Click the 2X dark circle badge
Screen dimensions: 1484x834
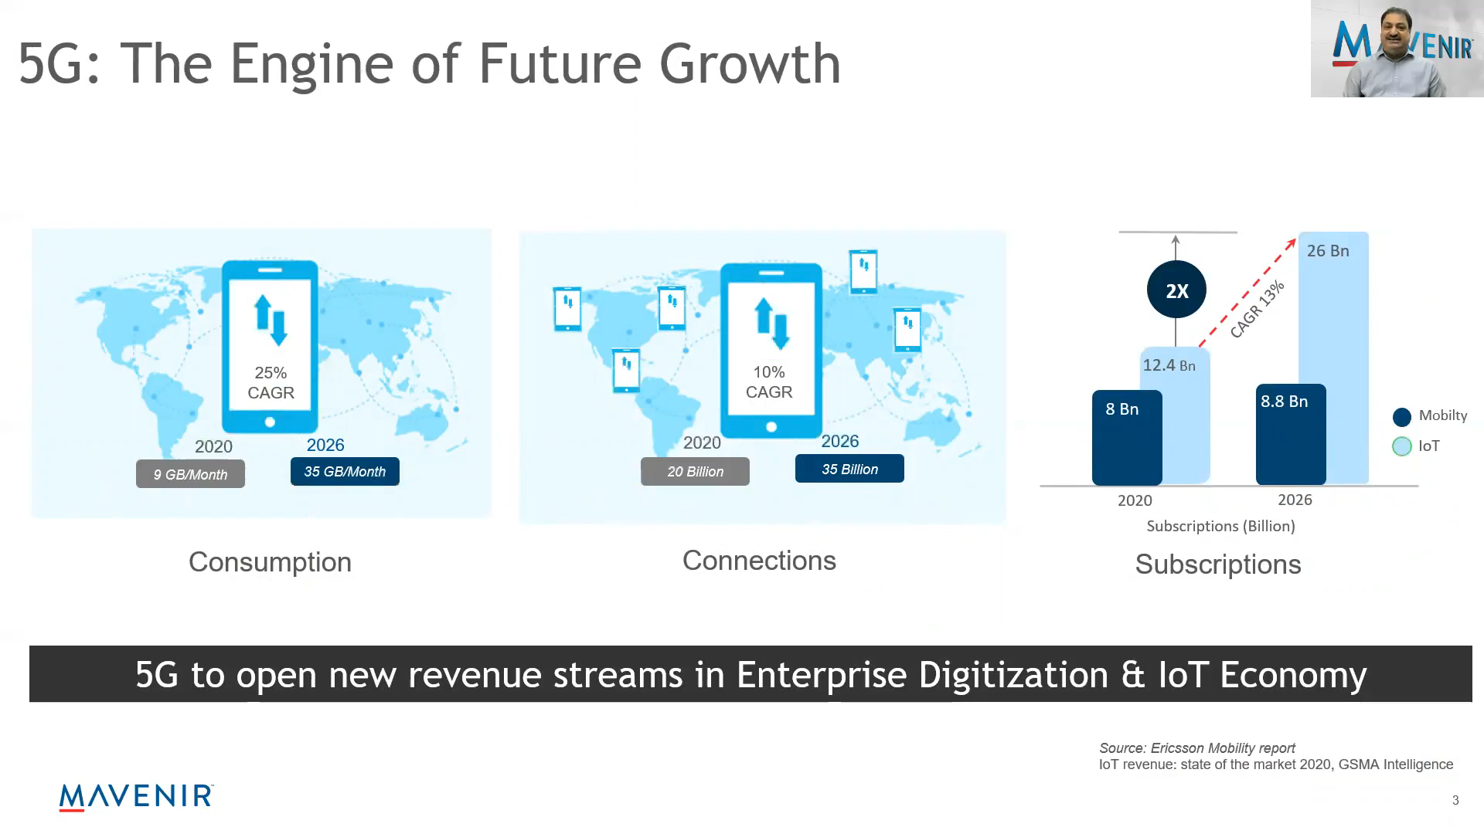[1176, 290]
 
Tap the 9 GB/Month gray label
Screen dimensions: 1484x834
[190, 474]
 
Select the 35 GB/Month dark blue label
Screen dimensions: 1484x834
[345, 471]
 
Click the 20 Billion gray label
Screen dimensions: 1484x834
[695, 471]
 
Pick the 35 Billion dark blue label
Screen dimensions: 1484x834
[849, 469]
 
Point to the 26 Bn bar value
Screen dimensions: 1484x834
[1328, 251]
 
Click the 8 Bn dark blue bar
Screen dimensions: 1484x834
[1127, 437]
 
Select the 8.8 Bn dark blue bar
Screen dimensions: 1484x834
[1291, 434]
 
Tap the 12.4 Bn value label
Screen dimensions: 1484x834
[1169, 365]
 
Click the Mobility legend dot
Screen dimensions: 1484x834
[1401, 417]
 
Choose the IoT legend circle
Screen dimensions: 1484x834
[1401, 446]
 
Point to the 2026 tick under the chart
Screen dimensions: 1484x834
[1295, 500]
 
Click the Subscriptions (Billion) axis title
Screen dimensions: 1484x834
[1220, 526]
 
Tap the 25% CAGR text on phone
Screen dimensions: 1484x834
[271, 382]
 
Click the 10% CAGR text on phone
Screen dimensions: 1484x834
[769, 382]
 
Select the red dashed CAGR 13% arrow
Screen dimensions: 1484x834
[1247, 292]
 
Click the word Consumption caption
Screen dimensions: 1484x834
[270, 562]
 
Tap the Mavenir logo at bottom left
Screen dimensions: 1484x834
[136, 797]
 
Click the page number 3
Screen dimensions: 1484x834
[1455, 800]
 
